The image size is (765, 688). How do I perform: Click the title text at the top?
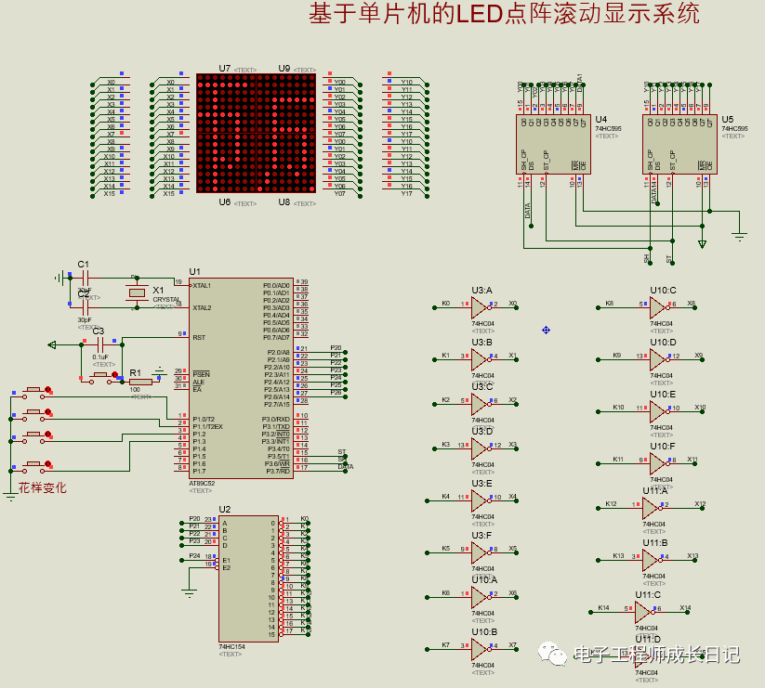click(504, 14)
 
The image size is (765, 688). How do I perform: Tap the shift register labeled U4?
click(552, 144)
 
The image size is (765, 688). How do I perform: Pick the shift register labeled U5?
click(679, 144)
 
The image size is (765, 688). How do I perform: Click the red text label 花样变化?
click(42, 487)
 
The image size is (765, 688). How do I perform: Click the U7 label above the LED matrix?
click(225, 68)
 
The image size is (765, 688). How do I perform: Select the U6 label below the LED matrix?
click(225, 201)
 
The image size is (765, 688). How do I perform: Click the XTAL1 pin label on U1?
click(202, 285)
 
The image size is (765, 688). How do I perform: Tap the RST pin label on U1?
click(199, 337)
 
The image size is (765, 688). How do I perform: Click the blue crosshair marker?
click(546, 330)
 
